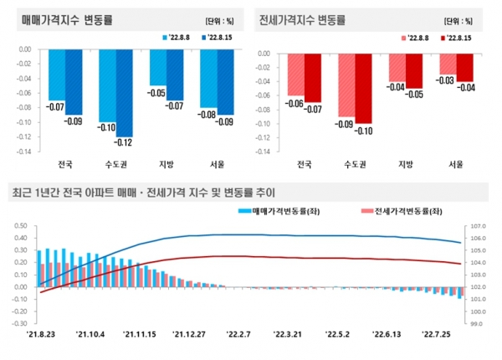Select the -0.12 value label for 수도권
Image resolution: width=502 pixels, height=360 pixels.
(x=124, y=143)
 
